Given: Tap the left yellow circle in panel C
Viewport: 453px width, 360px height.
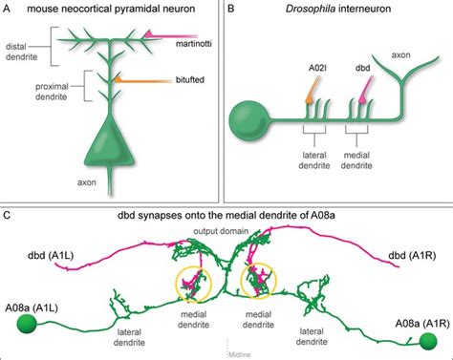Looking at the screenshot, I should (194, 282).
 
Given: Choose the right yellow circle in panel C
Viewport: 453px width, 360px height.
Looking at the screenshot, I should (260, 282).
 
